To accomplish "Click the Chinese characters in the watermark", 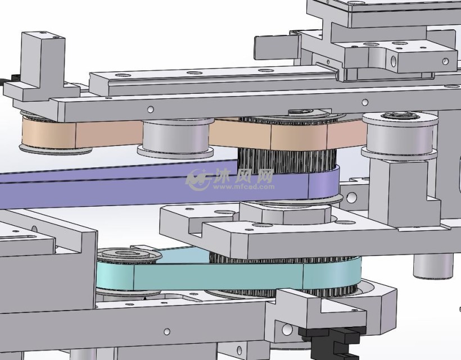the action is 243,176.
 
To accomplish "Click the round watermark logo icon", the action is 197,179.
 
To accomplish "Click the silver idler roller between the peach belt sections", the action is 176,137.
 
